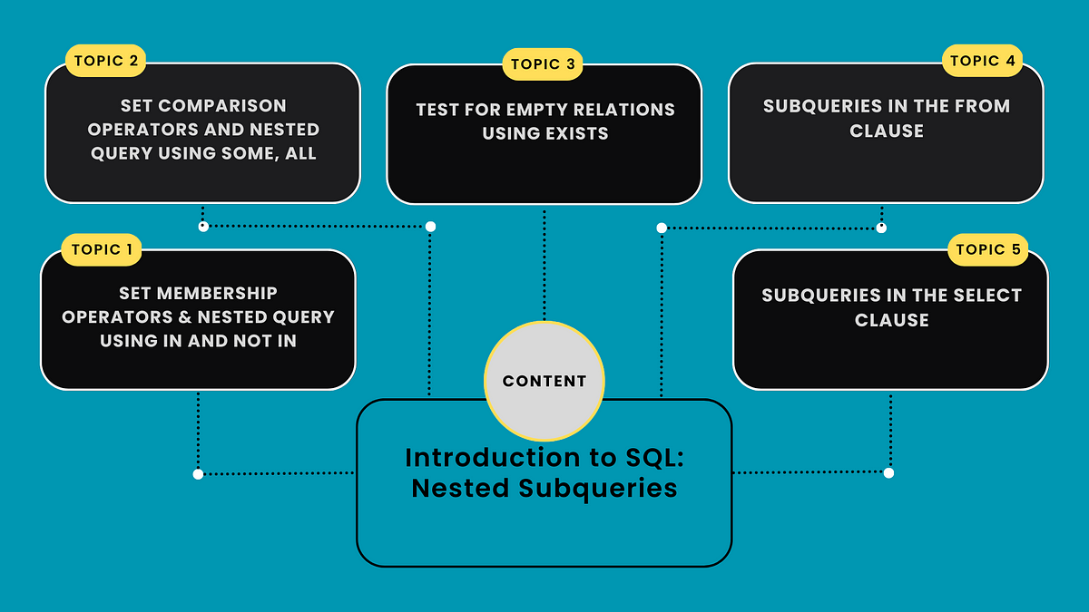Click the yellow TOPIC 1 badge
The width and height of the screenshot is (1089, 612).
(x=102, y=249)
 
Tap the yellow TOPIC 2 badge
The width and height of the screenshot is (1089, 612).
(x=106, y=63)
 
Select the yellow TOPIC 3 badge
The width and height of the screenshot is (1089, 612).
(x=543, y=64)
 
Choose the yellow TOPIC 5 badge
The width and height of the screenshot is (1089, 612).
(x=988, y=249)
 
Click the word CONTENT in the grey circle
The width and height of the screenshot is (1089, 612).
(x=544, y=382)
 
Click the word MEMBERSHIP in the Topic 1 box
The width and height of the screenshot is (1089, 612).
(x=218, y=293)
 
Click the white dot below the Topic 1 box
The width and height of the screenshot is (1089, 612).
(x=198, y=473)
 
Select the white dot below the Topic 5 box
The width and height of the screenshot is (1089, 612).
(x=888, y=473)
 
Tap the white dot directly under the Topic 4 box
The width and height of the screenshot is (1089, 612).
(x=881, y=228)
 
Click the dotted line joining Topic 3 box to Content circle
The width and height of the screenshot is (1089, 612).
(x=544, y=263)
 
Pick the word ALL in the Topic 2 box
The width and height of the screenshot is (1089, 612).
(x=299, y=153)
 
